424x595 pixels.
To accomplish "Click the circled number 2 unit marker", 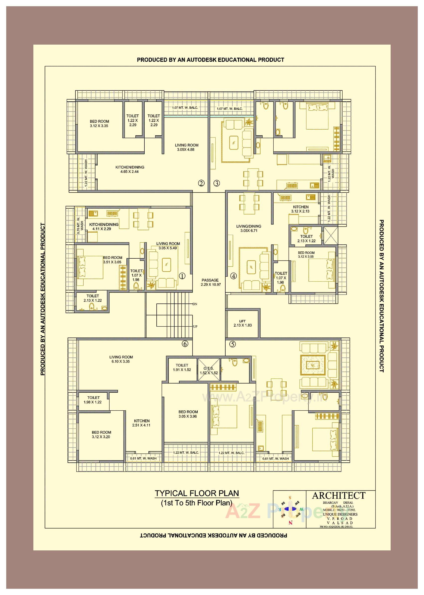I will pos(201,183).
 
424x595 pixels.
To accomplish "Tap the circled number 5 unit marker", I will pos(232,344).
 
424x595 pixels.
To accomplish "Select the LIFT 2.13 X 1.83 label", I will pos(242,323).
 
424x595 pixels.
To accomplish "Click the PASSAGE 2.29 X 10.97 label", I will pos(210,282).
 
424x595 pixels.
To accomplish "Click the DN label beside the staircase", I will pos(195,304).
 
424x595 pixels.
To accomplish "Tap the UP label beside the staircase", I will pos(195,326).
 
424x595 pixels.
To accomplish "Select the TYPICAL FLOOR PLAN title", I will pos(197,493).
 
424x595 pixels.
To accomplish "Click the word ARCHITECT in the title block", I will pos(338,496).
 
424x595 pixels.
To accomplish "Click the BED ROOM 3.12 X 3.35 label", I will pos(99,124).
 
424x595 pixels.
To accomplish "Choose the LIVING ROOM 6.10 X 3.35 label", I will pos(121,359).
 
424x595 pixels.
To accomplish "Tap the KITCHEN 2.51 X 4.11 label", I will pos(141,423).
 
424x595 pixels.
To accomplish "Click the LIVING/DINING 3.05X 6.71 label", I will pos(248,228).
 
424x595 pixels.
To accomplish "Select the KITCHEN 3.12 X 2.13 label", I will pos(301,209).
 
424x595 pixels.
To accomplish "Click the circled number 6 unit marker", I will pos(185,344).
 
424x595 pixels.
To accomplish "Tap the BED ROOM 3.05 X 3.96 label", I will pos(188,414).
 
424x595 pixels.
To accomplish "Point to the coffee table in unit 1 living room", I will pos(166,264).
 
